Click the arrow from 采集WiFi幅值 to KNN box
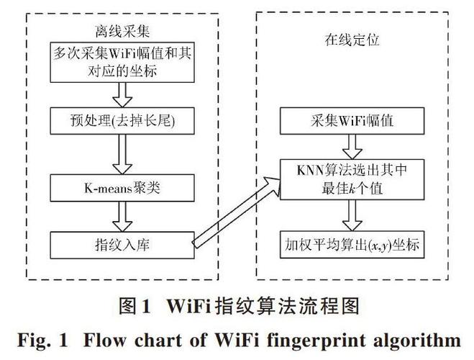pos(352,146)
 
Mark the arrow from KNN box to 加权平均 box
pos(352,213)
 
